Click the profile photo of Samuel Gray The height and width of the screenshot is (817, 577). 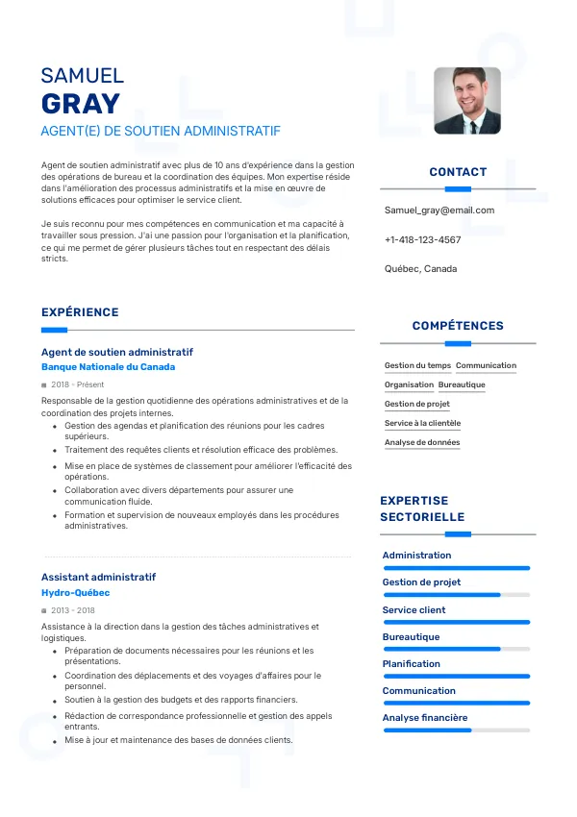click(x=467, y=100)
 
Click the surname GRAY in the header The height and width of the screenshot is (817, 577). click(x=81, y=104)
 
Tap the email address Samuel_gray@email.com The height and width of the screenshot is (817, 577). click(x=439, y=210)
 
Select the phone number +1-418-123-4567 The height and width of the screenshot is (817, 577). click(x=422, y=239)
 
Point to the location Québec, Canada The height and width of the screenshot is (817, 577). click(x=420, y=268)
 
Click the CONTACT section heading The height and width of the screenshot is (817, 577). click(x=458, y=172)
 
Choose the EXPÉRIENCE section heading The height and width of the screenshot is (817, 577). click(x=80, y=312)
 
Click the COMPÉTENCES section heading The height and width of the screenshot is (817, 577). click(x=458, y=326)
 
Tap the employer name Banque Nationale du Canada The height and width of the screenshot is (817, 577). click(x=108, y=367)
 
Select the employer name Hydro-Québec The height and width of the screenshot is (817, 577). click(x=75, y=593)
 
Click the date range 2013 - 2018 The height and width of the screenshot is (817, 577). click(x=73, y=610)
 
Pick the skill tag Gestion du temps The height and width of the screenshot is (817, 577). click(x=417, y=365)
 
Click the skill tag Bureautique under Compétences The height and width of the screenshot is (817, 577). click(x=462, y=384)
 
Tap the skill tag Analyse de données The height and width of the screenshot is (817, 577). click(x=422, y=442)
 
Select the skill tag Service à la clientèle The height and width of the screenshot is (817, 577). click(x=422, y=423)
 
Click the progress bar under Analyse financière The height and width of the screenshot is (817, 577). click(x=457, y=730)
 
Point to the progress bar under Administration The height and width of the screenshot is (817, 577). click(x=457, y=568)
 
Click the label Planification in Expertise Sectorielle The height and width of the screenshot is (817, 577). click(x=412, y=663)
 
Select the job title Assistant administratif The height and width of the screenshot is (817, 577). click(x=98, y=577)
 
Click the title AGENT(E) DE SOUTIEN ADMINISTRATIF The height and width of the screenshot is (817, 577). click(x=161, y=131)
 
